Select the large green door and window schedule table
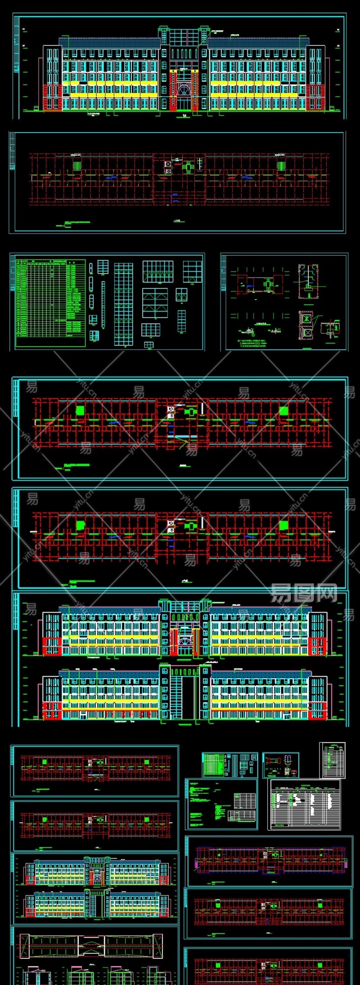click(x=50, y=303)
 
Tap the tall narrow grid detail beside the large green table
click(x=123, y=305)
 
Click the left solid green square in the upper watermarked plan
click(x=80, y=411)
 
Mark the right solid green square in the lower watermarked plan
click(x=283, y=525)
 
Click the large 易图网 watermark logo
click(x=304, y=594)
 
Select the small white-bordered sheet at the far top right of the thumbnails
click(x=333, y=760)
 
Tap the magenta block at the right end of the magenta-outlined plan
click(x=346, y=860)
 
